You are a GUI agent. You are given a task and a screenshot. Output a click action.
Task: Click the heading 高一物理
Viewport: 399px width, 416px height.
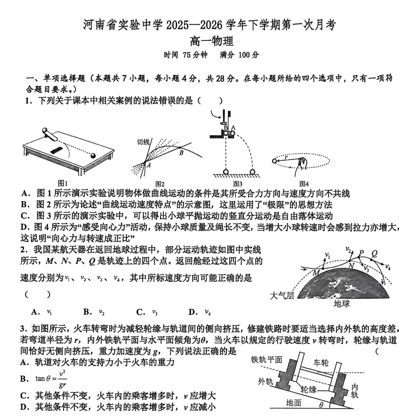coord(212,41)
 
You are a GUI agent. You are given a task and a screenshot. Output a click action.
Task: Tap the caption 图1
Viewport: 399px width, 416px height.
coord(63,183)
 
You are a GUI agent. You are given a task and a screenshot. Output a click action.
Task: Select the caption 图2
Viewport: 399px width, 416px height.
coord(160,184)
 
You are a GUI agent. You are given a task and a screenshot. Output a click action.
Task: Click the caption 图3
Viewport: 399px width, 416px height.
coord(238,184)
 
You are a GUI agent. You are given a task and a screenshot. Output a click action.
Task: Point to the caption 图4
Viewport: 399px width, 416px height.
coord(304,184)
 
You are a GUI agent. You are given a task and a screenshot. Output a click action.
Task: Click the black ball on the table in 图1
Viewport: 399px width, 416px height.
coord(93,156)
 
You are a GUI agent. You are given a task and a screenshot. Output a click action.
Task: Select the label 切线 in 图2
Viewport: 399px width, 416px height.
coord(143,142)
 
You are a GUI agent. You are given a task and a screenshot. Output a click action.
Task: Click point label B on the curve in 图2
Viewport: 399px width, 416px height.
coord(181,153)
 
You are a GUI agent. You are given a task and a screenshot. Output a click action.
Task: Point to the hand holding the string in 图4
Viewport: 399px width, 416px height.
coord(302,164)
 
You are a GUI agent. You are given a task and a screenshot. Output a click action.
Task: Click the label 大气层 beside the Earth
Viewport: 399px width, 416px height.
coord(282,295)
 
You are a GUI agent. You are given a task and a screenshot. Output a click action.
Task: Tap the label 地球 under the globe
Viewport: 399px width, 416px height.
coord(342,303)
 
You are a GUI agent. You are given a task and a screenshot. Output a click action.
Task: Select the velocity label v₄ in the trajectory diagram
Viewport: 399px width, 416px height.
coord(388,266)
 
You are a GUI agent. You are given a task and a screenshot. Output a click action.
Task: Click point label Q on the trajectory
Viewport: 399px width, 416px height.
coord(375,253)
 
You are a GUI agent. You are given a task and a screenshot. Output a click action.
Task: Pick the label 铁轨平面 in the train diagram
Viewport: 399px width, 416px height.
coord(266,360)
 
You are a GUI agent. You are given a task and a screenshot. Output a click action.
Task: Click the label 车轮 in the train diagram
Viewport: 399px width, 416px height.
coord(321,362)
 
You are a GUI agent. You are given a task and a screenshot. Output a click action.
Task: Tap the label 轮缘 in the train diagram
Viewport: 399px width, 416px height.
coord(309,389)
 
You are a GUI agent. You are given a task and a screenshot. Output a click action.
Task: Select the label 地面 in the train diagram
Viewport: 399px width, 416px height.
coord(293,403)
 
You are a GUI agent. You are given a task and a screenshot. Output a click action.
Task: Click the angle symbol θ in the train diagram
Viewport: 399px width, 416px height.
coord(321,405)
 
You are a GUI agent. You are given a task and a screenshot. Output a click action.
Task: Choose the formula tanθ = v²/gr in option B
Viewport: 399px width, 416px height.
coord(51,379)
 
